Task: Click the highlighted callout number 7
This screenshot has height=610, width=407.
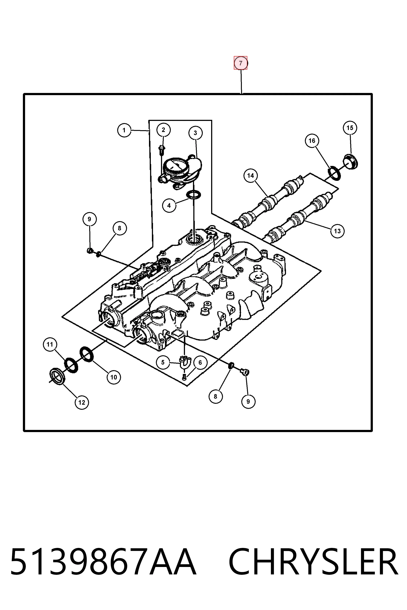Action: click(241, 63)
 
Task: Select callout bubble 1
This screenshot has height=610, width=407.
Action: click(124, 130)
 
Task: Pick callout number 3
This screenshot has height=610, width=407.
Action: click(195, 133)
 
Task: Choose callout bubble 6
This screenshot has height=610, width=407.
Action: click(200, 362)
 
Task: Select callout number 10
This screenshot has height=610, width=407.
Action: click(114, 377)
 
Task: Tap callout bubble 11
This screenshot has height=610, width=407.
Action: click(50, 344)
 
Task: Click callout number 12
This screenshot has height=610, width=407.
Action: click(82, 402)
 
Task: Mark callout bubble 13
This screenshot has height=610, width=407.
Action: click(337, 231)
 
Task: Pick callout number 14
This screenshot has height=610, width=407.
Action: click(251, 176)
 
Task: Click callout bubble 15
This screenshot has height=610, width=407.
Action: click(350, 128)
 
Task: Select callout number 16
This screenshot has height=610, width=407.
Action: click(312, 141)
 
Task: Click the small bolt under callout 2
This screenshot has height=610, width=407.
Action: click(162, 150)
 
